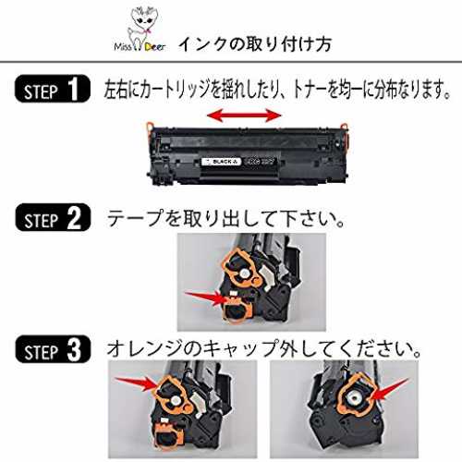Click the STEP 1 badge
click(53, 89)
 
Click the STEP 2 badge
click(53, 217)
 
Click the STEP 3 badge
click(53, 349)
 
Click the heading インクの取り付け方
click(255, 44)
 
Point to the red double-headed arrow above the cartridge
click(244, 115)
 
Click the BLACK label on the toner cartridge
click(221, 162)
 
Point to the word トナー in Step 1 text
click(309, 90)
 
